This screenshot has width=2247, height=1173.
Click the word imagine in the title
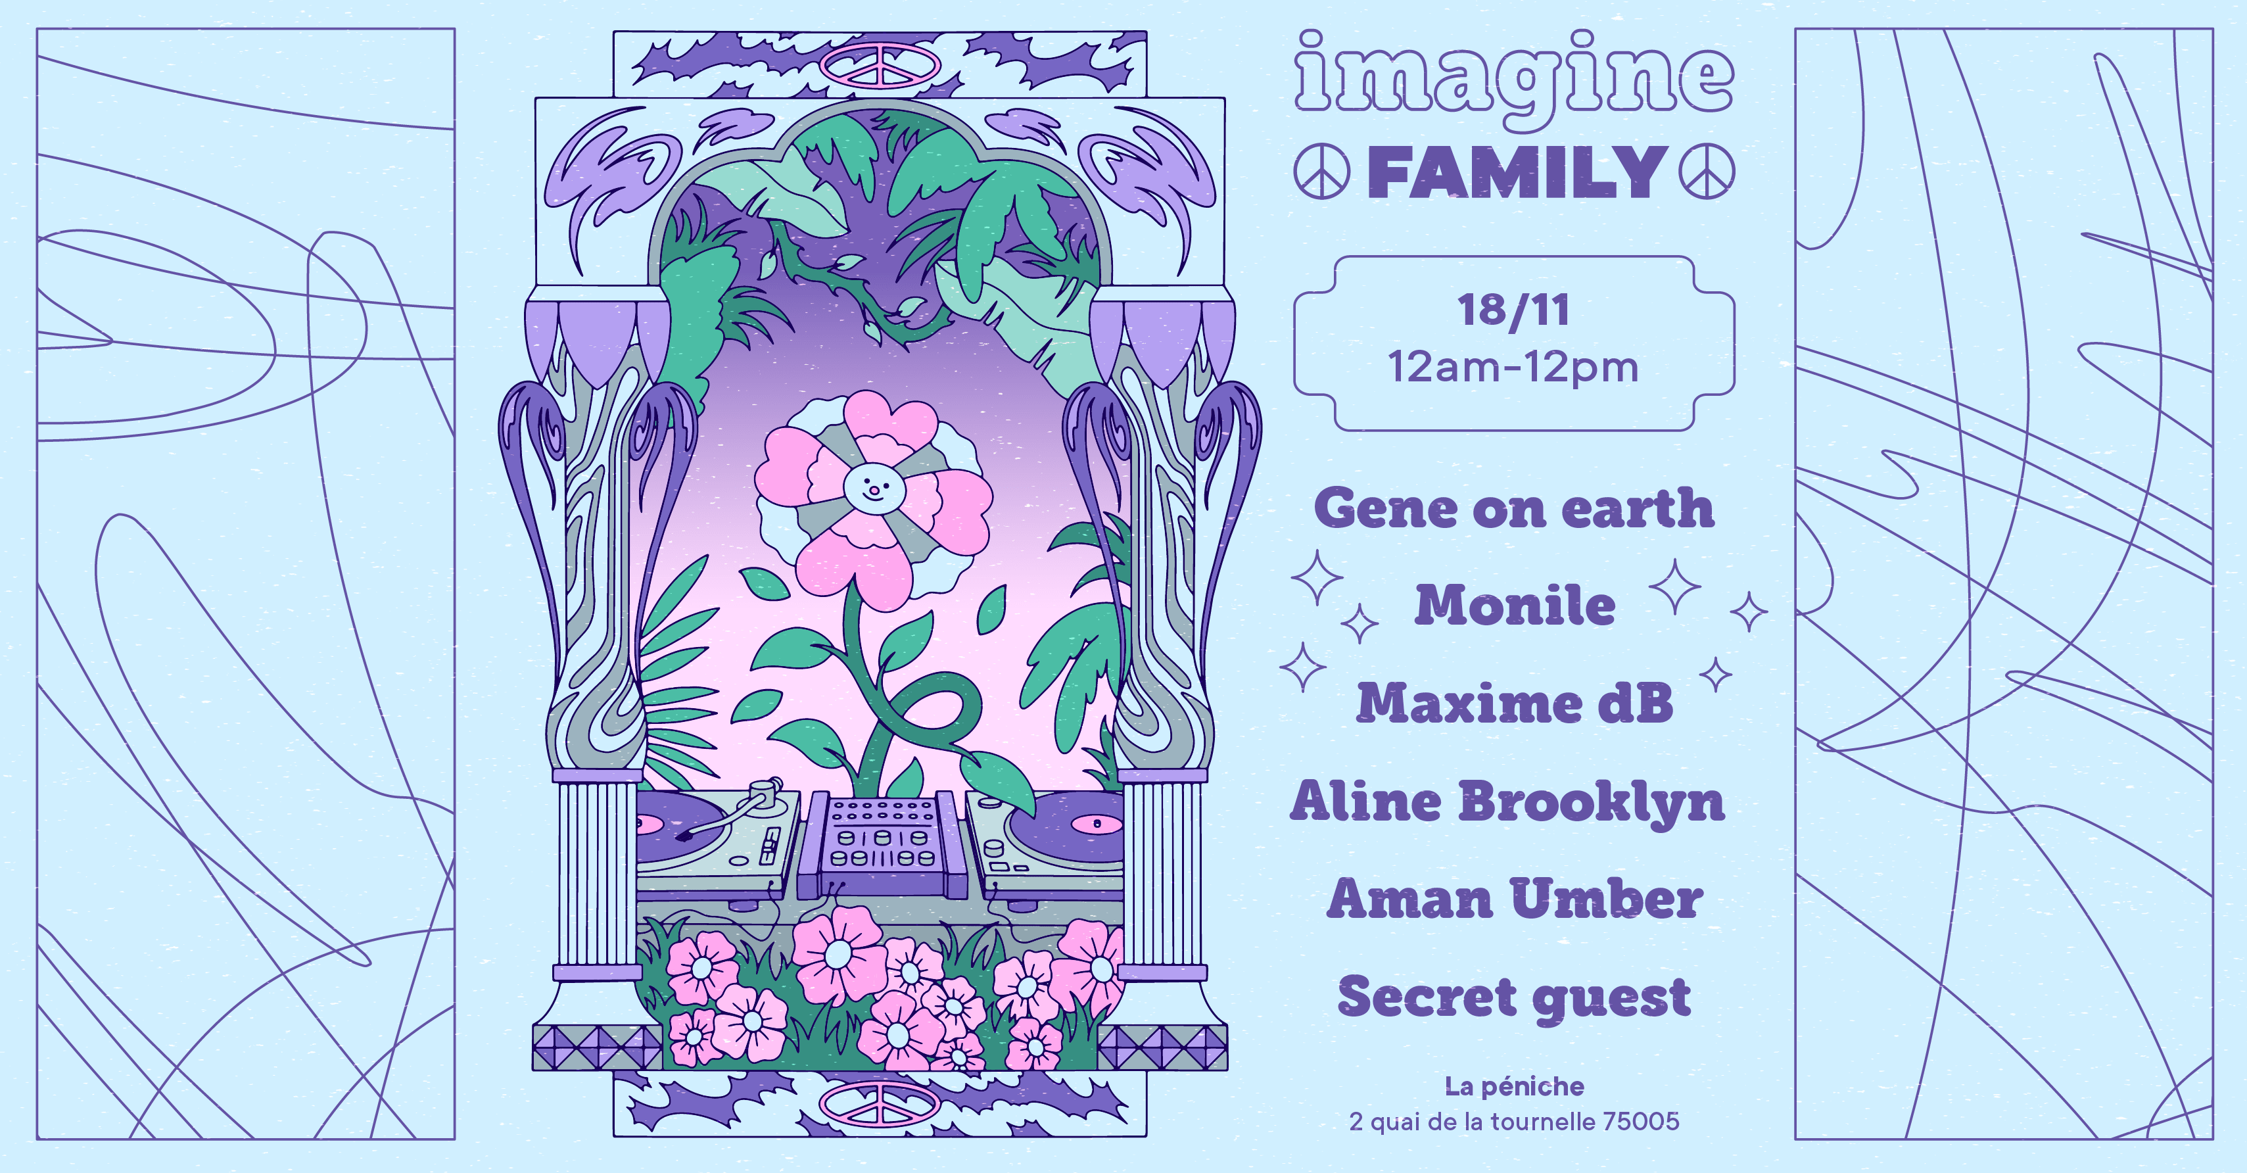pos(1513,77)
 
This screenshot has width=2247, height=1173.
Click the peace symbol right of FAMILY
pos(1706,172)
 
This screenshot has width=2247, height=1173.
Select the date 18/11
pos(1513,310)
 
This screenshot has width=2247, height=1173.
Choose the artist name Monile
pos(1515,606)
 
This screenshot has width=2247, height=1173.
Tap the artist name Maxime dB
pos(1515,703)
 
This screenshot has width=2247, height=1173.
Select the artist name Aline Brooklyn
pos(1507,802)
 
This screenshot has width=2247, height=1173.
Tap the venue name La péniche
pos(1514,1087)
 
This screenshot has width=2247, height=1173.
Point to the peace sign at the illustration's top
pos(881,64)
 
